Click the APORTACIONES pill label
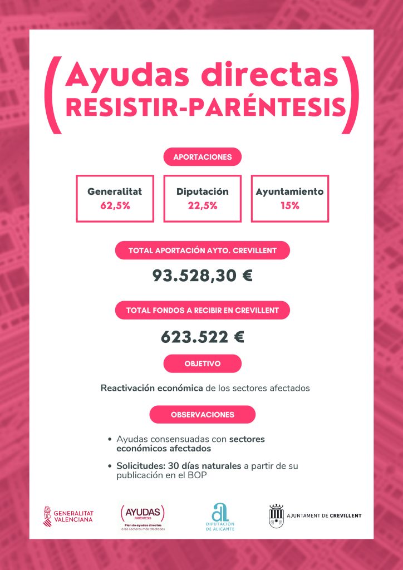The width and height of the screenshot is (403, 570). (x=202, y=157)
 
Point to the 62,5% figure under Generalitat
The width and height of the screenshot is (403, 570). (x=115, y=205)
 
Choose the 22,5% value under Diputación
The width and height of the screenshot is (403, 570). (x=203, y=205)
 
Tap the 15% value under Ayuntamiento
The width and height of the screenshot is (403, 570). (x=289, y=205)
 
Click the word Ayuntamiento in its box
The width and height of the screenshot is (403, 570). (x=289, y=191)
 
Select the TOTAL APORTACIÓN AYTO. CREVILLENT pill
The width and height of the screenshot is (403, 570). (x=202, y=250)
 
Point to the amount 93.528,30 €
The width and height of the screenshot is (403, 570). (x=202, y=275)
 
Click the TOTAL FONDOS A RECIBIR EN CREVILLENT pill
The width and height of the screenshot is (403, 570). (x=202, y=310)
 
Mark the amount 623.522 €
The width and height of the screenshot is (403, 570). (x=202, y=337)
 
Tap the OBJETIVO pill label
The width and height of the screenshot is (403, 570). (x=202, y=363)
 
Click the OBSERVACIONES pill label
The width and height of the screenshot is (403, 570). (x=202, y=415)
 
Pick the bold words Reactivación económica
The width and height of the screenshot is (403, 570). (x=151, y=388)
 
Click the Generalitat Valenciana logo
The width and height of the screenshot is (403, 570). (x=68, y=515)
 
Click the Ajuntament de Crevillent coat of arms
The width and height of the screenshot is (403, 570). (x=277, y=515)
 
